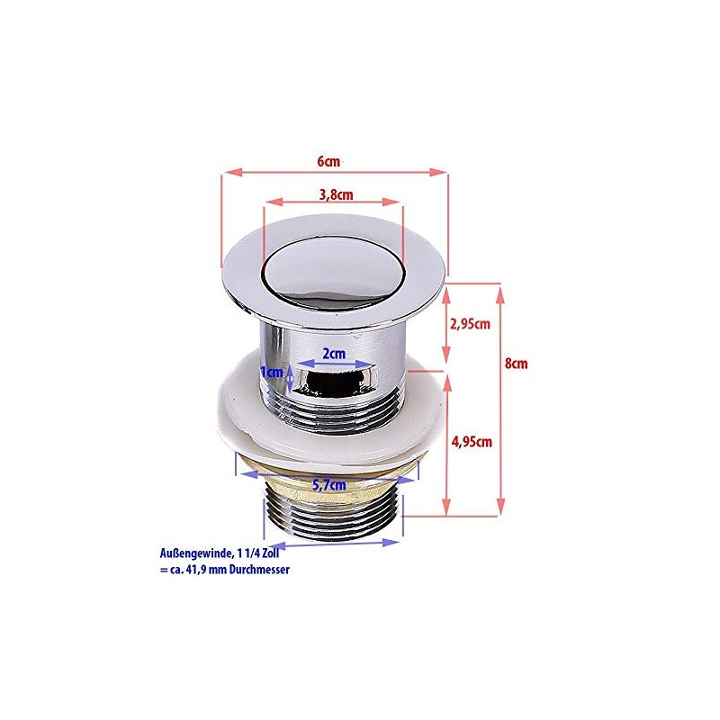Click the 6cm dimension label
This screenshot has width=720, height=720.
click(x=328, y=161)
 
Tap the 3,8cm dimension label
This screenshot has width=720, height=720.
click(x=334, y=193)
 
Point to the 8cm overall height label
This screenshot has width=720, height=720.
click(x=515, y=364)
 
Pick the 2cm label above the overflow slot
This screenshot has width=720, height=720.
click(x=334, y=354)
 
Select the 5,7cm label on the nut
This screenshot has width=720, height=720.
click(x=329, y=484)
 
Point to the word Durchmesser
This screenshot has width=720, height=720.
click(x=257, y=570)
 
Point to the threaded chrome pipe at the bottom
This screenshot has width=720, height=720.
click(x=333, y=520)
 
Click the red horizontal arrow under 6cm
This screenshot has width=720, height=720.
click(x=334, y=172)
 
